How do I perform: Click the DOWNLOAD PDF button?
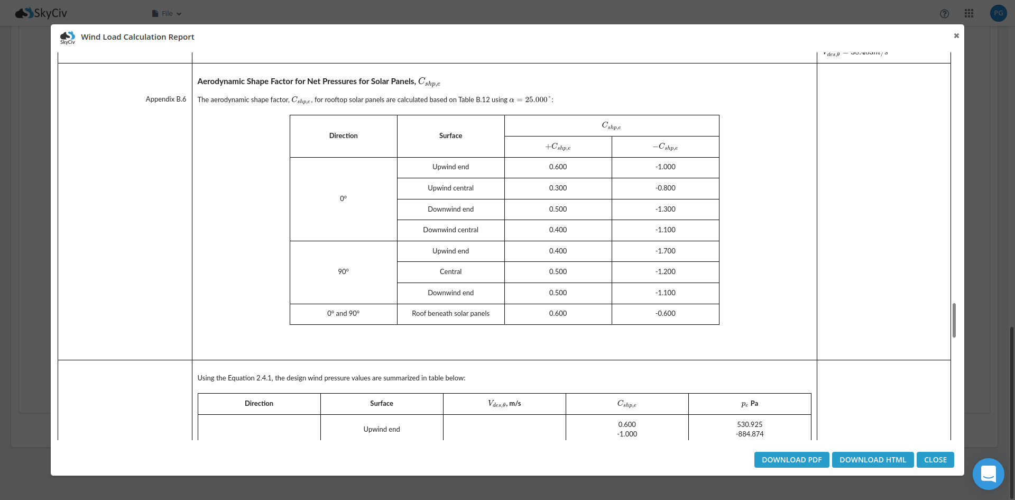coord(791,460)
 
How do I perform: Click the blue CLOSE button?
coord(935,460)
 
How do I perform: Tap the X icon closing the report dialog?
coord(956,36)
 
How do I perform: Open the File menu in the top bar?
coord(167,14)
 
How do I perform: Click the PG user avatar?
coord(998,13)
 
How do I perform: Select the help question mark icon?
coord(945,14)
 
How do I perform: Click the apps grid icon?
coord(969,13)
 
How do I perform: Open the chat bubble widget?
coord(988,474)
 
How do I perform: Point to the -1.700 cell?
coord(665,251)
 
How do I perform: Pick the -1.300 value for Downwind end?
coord(665,209)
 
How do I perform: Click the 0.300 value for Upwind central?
coord(558,188)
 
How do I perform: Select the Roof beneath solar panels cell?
coord(450,313)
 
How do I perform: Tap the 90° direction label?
coord(343,271)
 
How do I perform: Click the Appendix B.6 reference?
coord(166,99)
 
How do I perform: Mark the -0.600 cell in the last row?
coord(665,313)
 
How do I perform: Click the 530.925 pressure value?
coord(750,424)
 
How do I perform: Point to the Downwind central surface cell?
coord(450,230)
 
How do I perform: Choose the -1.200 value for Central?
coord(665,271)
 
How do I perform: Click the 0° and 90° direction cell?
coord(343,313)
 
